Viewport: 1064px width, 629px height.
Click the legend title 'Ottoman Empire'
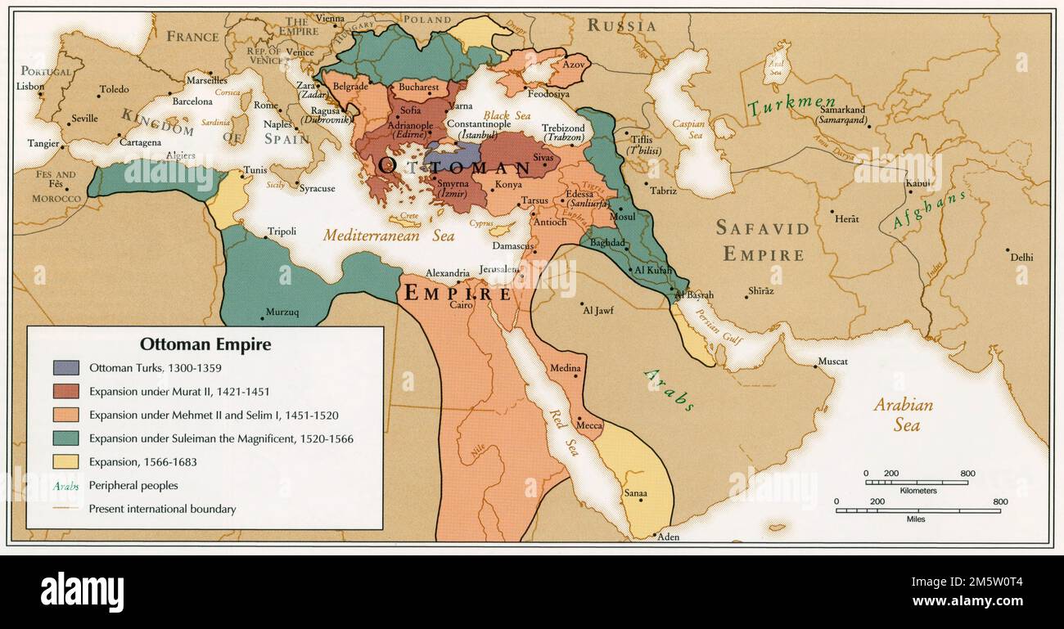(205, 344)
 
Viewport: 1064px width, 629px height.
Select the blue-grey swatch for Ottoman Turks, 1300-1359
(65, 368)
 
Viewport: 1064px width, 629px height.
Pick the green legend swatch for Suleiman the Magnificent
(65, 438)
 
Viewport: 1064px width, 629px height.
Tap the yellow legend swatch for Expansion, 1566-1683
(65, 461)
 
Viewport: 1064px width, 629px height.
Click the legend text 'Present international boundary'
(162, 509)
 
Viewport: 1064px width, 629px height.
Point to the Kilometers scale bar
(917, 482)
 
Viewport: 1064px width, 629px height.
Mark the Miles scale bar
(917, 510)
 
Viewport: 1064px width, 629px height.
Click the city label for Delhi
(1021, 257)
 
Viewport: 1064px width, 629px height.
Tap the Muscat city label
(833, 362)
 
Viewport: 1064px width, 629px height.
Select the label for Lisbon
(30, 86)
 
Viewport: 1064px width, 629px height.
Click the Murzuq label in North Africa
(282, 312)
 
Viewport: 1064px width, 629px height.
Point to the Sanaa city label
(635, 493)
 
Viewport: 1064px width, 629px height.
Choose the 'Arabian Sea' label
(904, 414)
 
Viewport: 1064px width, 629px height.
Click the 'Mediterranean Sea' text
(388, 236)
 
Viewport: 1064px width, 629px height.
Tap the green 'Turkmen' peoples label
(791, 106)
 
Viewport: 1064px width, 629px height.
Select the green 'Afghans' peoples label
(929, 209)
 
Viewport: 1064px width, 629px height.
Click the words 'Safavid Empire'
(762, 240)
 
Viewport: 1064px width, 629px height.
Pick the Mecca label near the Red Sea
(589, 425)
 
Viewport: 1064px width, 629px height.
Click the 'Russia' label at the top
(621, 25)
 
